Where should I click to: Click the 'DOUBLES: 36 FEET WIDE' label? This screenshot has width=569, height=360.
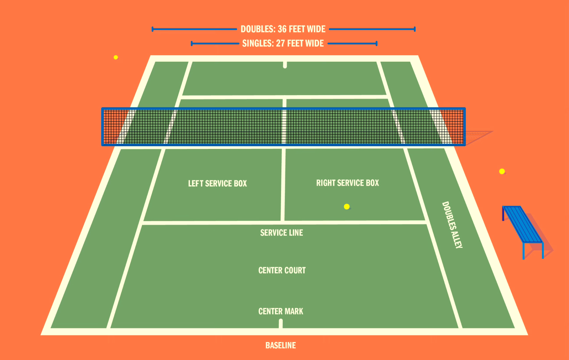(x=283, y=29)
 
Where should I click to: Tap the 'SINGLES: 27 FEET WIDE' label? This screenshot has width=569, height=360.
(x=283, y=43)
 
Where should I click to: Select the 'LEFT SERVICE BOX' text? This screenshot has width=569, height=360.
(x=218, y=184)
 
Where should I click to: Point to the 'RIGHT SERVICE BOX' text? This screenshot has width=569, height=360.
(x=348, y=183)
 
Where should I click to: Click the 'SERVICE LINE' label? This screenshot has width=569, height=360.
(x=281, y=233)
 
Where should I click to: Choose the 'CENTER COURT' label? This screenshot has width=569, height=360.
(x=282, y=270)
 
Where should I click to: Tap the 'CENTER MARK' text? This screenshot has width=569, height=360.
(x=281, y=311)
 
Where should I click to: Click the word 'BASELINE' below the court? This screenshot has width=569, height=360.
(x=281, y=345)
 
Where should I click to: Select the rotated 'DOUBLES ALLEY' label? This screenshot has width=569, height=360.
(x=453, y=225)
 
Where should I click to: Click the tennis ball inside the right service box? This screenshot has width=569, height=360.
(x=347, y=207)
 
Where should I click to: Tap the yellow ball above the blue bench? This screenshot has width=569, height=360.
(x=502, y=171)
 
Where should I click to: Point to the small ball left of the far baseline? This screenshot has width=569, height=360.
(x=116, y=57)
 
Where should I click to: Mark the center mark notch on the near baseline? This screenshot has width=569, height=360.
(x=281, y=324)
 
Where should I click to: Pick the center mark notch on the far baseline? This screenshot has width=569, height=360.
(x=285, y=65)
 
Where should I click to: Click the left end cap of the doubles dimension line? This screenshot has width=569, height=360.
(x=152, y=29)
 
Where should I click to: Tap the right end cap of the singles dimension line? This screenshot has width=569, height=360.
(x=376, y=43)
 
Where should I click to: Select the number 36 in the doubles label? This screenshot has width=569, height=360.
(x=282, y=29)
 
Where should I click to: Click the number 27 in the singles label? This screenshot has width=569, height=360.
(x=280, y=43)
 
